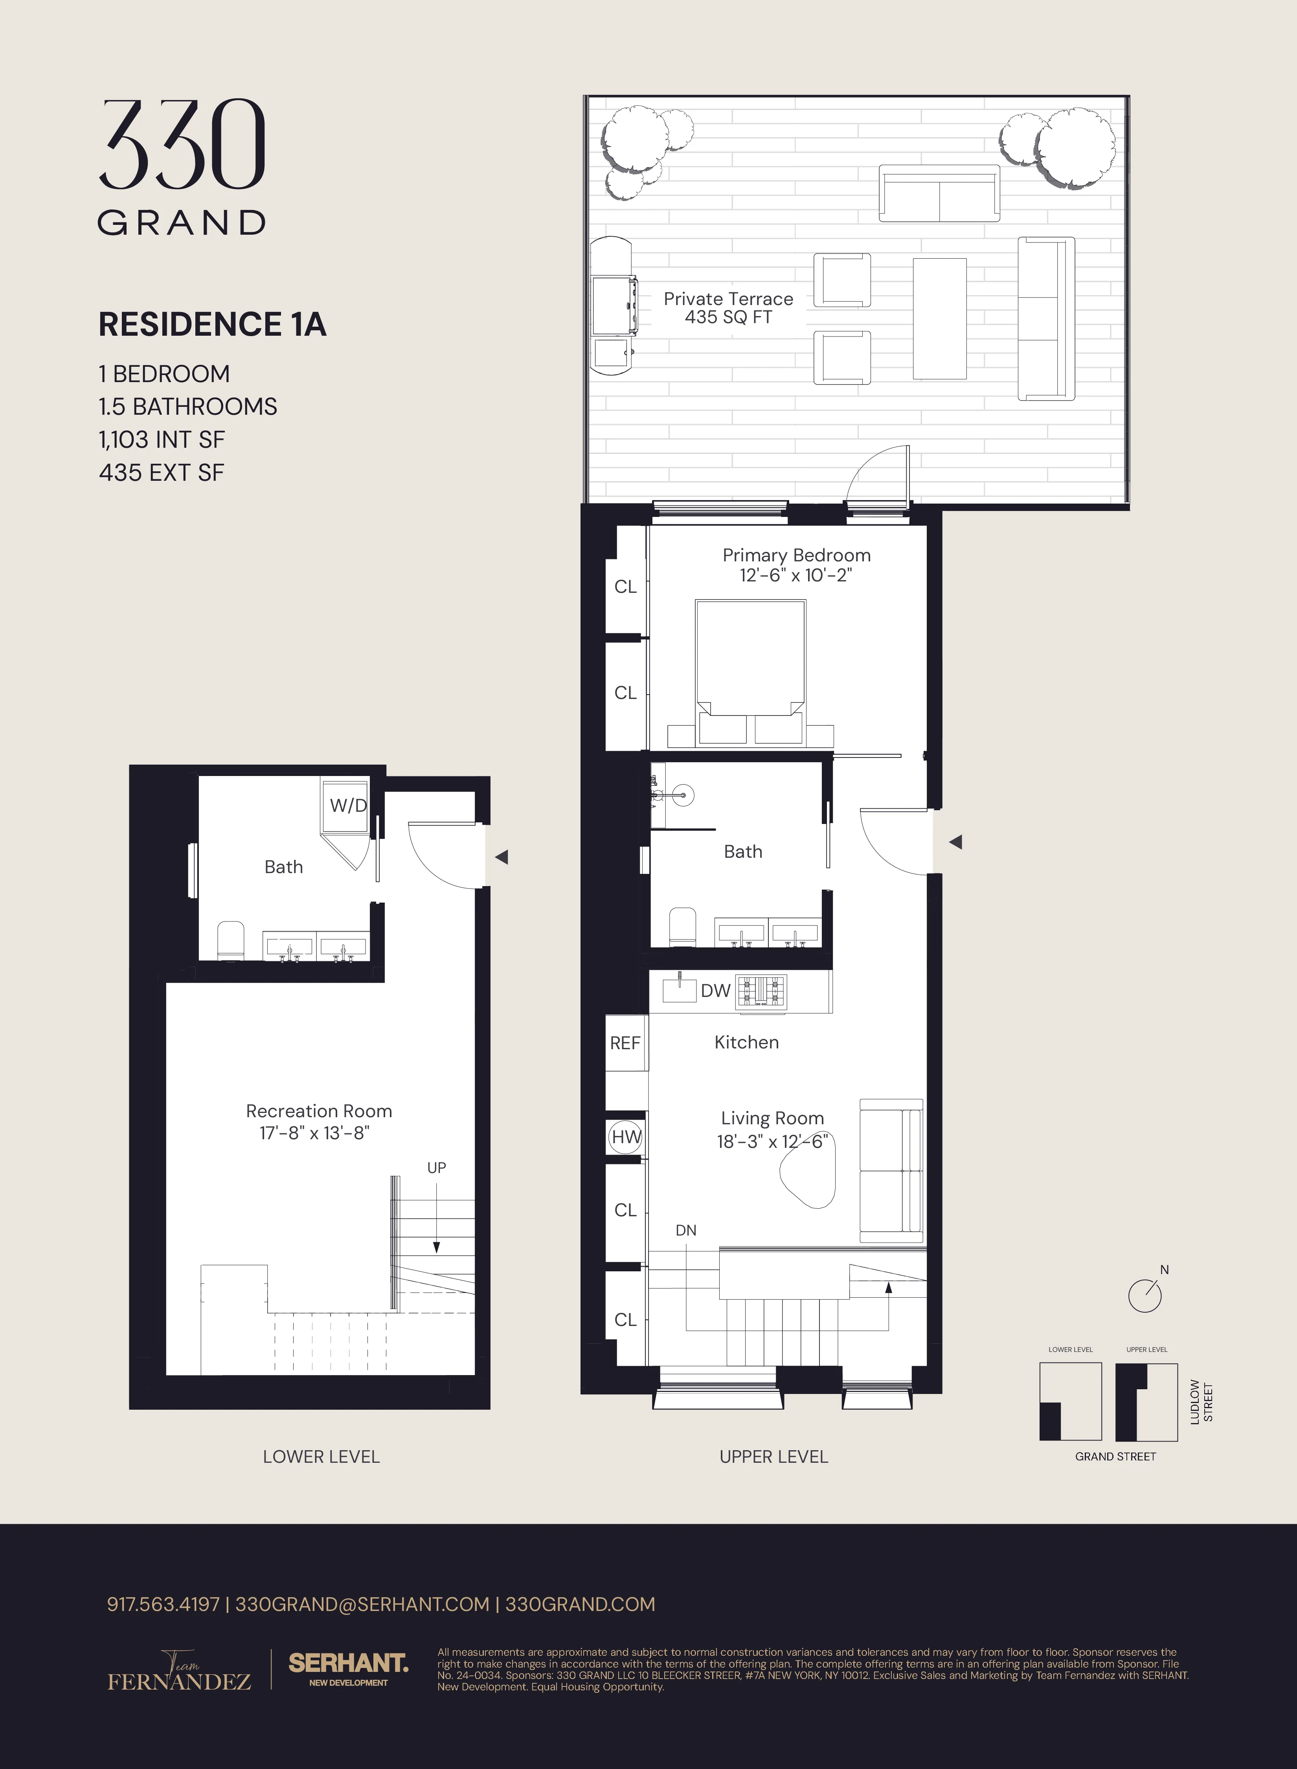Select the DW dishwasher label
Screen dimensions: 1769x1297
coord(715,991)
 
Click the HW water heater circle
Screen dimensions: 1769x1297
coord(626,1137)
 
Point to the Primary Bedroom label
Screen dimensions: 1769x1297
coord(796,555)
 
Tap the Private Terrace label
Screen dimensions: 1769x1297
coord(728,299)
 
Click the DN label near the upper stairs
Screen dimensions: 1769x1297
coord(685,1230)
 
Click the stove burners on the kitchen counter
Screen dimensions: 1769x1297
coord(760,991)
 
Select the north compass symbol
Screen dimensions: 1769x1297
coord(1145,1295)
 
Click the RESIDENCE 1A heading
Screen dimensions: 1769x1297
coord(212,324)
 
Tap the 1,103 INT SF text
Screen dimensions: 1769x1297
coord(162,440)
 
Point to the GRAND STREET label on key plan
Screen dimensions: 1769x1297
coord(1115,1456)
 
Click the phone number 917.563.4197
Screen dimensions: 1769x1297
coord(163,1604)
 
